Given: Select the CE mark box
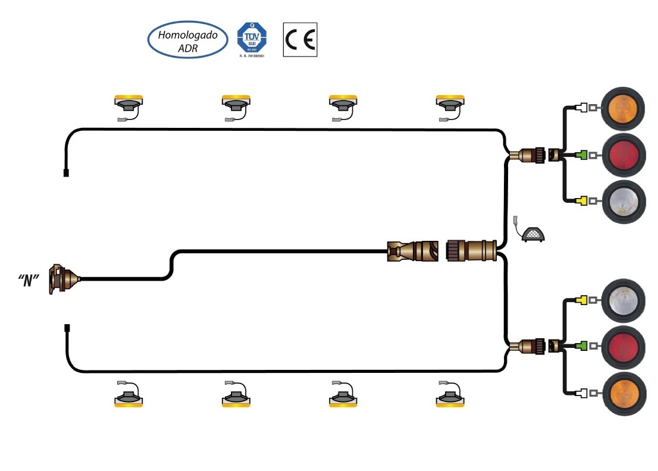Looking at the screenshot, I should tap(300, 40).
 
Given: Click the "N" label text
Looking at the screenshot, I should tap(29, 280).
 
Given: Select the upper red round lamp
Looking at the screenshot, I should tap(623, 155).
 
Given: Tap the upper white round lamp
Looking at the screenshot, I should tap(623, 201).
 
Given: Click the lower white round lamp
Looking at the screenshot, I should tap(623, 300).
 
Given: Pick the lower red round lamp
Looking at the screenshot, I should tap(623, 346).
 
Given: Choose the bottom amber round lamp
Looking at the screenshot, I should tap(623, 392).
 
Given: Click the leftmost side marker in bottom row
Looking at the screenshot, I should tap(129, 397).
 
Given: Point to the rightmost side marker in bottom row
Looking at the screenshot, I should tap(450, 397).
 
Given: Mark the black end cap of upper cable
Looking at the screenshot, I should tap(65, 173).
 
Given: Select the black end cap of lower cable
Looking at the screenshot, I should tap(65, 328).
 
